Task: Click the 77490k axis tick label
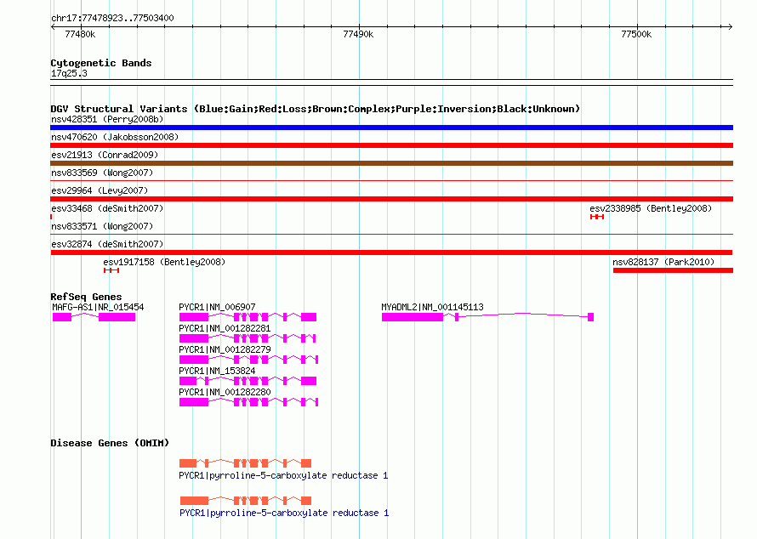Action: (x=358, y=34)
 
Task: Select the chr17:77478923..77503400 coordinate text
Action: (x=112, y=18)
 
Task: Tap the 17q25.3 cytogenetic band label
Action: (x=69, y=73)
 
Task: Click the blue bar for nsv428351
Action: (x=391, y=128)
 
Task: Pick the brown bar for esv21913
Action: (x=391, y=163)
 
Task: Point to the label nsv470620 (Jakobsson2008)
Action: (x=115, y=137)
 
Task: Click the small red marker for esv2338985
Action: (x=597, y=217)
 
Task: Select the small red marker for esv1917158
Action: (x=111, y=270)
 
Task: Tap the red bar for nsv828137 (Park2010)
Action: (x=673, y=270)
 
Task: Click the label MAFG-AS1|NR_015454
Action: (x=98, y=307)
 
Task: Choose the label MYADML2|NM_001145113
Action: (x=432, y=307)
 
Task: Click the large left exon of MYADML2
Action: (x=413, y=317)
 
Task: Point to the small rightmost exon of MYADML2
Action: (x=590, y=317)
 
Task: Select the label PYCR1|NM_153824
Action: (x=217, y=371)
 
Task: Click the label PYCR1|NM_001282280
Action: (x=225, y=392)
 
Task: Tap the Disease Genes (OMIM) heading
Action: (x=110, y=443)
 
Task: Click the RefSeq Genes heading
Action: (x=86, y=297)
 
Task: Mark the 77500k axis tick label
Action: (x=636, y=34)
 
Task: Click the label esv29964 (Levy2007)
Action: (x=100, y=190)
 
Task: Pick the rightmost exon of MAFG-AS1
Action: (x=117, y=317)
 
